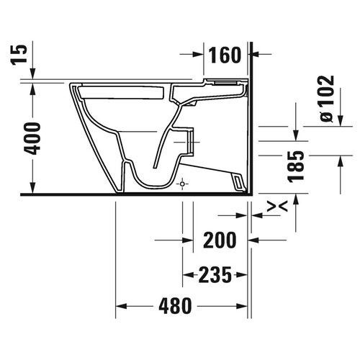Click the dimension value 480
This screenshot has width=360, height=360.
click(x=176, y=306)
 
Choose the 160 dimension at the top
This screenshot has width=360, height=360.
click(x=225, y=55)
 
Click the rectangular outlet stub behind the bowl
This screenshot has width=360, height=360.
click(x=189, y=141)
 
